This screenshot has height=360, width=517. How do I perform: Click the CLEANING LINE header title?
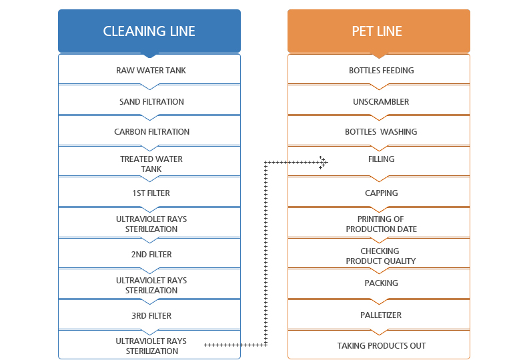coord(149,31)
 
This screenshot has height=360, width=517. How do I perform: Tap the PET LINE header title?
coord(377,31)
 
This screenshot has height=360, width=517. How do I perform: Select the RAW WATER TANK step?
coord(151,71)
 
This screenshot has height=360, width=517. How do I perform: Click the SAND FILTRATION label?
coord(151,102)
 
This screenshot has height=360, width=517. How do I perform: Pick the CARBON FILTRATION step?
coord(151,132)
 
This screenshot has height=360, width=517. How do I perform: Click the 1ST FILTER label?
coord(151,193)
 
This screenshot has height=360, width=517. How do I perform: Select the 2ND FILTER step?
coord(151,254)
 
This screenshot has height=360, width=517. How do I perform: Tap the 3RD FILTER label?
coord(151,315)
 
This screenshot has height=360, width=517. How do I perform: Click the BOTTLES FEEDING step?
coord(381,71)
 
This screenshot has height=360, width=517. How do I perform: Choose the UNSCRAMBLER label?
coord(381,102)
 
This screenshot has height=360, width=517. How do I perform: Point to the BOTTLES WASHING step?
coord(381,132)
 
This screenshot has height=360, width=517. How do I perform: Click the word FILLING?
coord(381,159)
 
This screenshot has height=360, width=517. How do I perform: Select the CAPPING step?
coord(381,193)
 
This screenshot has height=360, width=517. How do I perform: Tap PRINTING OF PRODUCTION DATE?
coord(381,224)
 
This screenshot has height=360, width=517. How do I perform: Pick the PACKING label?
coord(381,283)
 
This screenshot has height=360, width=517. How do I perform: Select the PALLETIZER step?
coord(381,315)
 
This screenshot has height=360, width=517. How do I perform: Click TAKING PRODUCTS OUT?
coord(381,346)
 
